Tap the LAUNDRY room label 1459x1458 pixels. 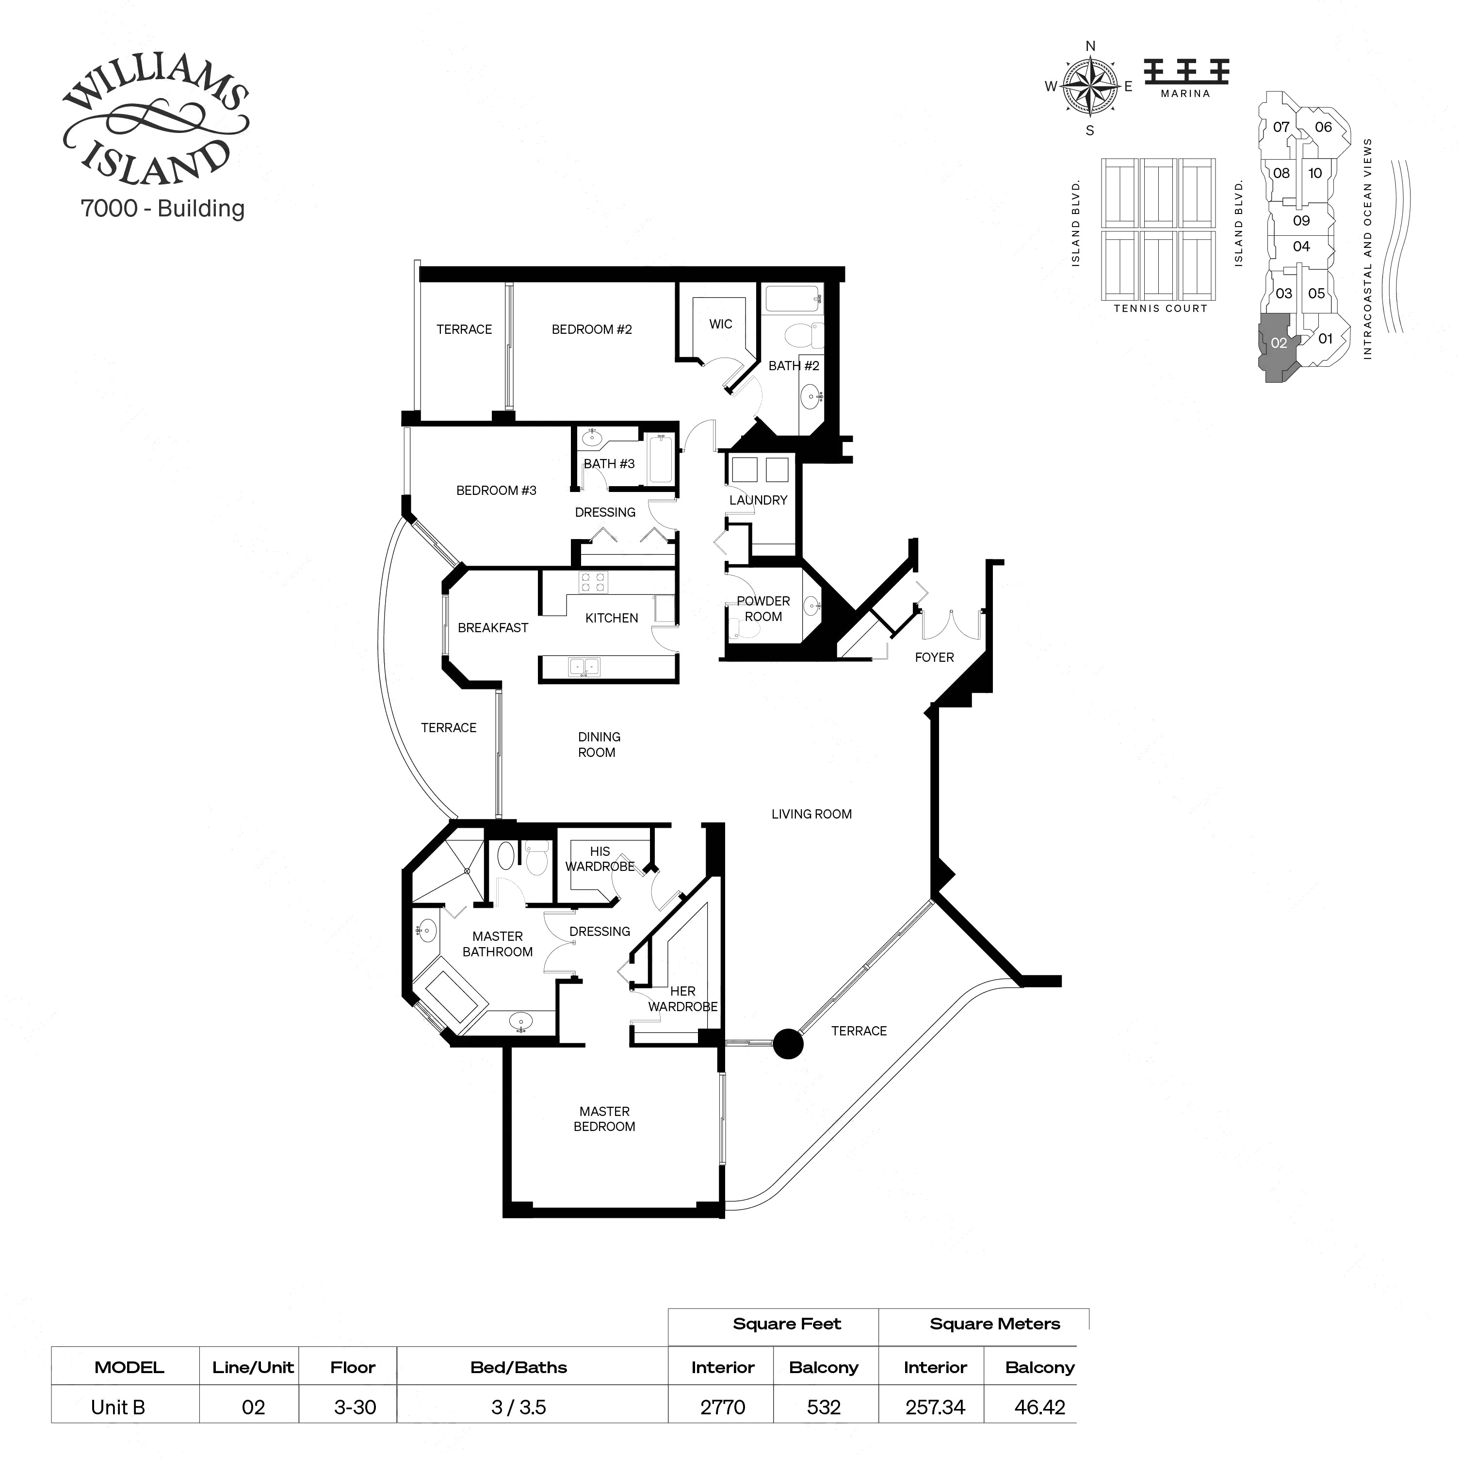point(758,500)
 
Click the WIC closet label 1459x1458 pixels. point(720,324)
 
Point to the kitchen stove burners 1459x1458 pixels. point(592,582)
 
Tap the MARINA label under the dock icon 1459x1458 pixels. point(1185,94)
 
